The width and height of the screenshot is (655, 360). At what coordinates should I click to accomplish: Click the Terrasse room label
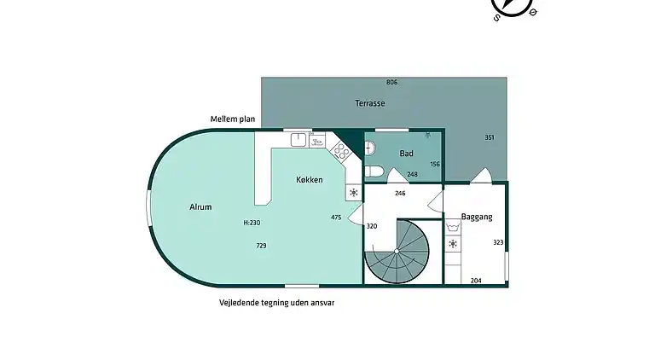369,103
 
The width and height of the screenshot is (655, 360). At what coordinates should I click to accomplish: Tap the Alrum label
200,206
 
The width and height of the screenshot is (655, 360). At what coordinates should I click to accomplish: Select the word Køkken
309,180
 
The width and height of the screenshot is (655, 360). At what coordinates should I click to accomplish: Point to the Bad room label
406,154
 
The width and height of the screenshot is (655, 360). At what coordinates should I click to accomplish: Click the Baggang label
477,217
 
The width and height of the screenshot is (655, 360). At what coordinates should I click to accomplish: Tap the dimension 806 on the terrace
391,82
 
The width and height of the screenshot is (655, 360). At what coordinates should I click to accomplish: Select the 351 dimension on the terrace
490,137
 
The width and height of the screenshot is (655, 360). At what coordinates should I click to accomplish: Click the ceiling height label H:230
252,223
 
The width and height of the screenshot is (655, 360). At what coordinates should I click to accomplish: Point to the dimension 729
261,246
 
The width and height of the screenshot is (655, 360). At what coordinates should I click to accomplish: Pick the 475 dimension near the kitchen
336,218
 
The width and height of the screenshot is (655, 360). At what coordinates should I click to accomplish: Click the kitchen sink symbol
299,140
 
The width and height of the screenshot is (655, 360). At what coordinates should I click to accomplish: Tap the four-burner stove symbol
341,151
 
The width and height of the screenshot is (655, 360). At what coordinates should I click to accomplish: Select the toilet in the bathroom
374,171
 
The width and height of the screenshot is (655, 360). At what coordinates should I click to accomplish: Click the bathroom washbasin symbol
370,148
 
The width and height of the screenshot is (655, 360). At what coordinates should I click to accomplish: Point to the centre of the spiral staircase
397,252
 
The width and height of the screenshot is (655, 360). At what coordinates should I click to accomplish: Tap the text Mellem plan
233,119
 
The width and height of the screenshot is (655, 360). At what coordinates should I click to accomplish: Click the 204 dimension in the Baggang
476,281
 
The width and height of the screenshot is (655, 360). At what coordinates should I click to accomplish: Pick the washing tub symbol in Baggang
453,227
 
